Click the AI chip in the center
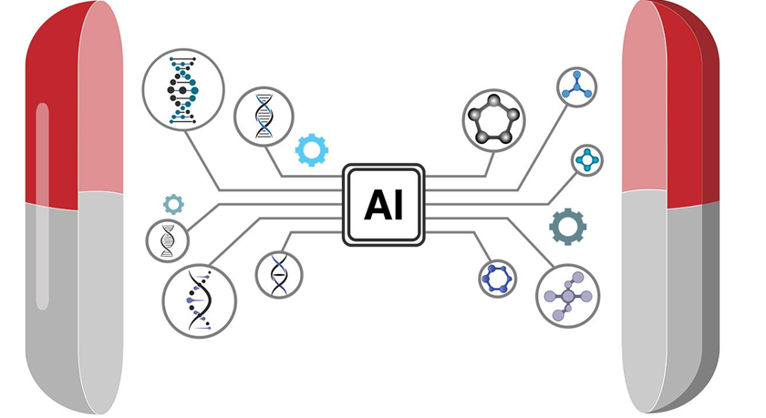[384, 205]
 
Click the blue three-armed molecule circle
[577, 87]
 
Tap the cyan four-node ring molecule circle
[586, 160]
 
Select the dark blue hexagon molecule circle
[497, 279]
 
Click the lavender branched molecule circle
[567, 296]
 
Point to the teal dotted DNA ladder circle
[183, 90]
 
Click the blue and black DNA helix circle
[264, 117]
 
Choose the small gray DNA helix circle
[168, 241]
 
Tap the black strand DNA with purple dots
[200, 301]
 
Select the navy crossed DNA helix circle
[279, 275]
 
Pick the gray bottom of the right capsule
[669, 302]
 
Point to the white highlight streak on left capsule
[43, 207]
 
